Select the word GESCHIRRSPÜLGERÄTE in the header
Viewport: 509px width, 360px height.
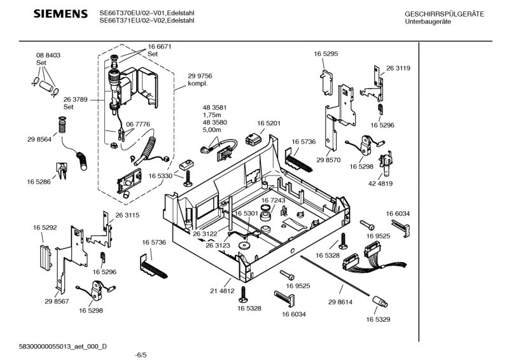click(x=444, y=14)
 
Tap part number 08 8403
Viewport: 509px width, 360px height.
click(x=48, y=56)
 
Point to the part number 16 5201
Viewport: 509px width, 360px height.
click(x=269, y=123)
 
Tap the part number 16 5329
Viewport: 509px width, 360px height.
click(x=378, y=320)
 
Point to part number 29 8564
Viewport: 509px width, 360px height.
click(x=39, y=139)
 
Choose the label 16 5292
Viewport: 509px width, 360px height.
click(x=45, y=226)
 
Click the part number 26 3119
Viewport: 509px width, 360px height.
click(x=398, y=68)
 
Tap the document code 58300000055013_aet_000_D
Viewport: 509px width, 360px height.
click(x=63, y=345)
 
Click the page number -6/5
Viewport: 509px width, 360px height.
click(x=141, y=355)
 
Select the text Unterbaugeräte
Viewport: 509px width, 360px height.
click(x=426, y=22)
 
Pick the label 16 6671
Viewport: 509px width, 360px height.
click(x=160, y=47)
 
